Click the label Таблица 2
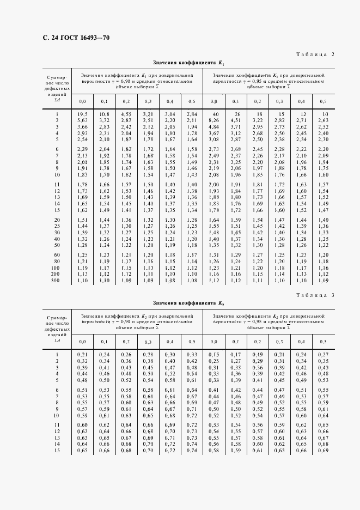click(316, 54)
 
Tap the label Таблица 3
click(316, 295)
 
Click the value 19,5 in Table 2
click(83, 113)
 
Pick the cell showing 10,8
click(105, 113)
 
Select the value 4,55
click(126, 113)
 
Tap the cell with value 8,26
click(213, 120)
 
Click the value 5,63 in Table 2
click(83, 120)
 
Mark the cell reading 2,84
click(191, 113)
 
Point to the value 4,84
click(213, 126)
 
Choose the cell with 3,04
click(169, 113)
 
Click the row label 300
click(54, 281)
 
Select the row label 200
click(54, 275)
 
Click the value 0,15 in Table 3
click(213, 355)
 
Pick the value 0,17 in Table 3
click(235, 355)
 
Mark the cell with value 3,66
click(83, 126)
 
